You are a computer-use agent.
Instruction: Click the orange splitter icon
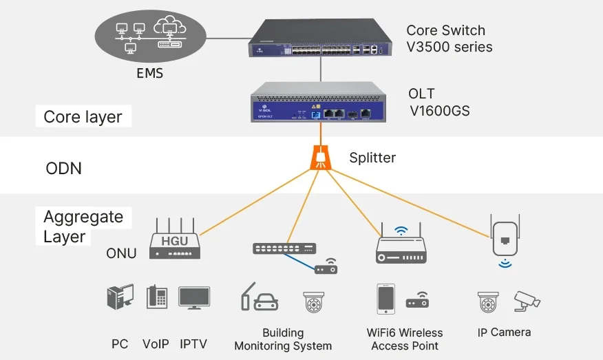click(x=321, y=157)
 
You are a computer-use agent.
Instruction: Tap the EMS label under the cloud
click(x=149, y=72)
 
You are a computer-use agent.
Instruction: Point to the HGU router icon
click(x=174, y=240)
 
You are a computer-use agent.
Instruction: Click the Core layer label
click(x=83, y=117)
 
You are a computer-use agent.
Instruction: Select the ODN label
click(x=63, y=168)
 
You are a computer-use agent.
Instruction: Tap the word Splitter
click(x=372, y=158)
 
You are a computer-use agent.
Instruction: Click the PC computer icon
click(x=120, y=297)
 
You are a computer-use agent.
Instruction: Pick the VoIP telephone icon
click(x=156, y=297)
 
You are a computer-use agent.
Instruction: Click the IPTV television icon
click(x=194, y=297)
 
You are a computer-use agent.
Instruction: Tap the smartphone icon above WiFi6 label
click(x=385, y=299)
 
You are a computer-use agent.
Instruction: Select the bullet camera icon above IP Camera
click(x=527, y=301)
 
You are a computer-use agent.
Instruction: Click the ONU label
click(x=121, y=253)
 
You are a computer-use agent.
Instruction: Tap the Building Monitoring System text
click(x=283, y=339)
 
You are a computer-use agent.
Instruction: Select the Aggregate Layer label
click(x=83, y=227)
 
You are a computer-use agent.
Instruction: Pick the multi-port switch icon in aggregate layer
click(x=284, y=248)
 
